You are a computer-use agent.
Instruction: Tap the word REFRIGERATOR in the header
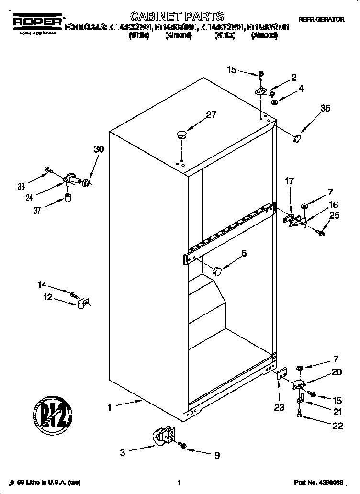[321, 20]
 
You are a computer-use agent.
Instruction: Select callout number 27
[211, 115]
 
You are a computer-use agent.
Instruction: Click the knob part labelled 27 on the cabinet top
[181, 135]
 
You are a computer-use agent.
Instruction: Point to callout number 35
[325, 109]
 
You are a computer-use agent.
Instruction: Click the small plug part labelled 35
[297, 138]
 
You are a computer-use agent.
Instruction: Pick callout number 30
[99, 149]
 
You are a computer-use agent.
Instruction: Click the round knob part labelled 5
[218, 271]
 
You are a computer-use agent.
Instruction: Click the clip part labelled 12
[81, 303]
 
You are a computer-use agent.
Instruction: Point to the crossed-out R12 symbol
[53, 412]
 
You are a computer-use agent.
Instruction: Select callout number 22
[337, 426]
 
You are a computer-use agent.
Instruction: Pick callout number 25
[334, 216]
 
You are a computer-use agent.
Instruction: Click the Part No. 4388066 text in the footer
[322, 483]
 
